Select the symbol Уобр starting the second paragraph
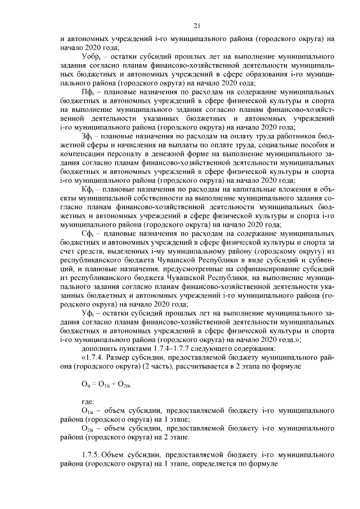(91, 57)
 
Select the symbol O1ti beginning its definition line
(88, 412)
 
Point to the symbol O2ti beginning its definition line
(88, 429)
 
